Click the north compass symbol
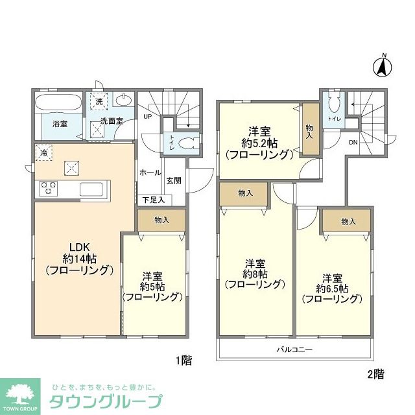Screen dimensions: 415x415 tap(383, 65)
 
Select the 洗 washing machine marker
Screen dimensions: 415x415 tap(99, 102)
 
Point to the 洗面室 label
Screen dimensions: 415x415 tap(112, 121)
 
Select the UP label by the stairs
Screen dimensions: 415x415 tap(147, 117)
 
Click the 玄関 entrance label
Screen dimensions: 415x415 tap(173, 181)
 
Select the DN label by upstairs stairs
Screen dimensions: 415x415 tap(353, 142)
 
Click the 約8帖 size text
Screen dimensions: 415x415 tap(254, 273)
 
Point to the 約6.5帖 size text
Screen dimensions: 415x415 tap(333, 287)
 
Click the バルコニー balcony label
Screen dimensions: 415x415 tap(294, 349)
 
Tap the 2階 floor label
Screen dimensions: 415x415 tap(375, 374)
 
